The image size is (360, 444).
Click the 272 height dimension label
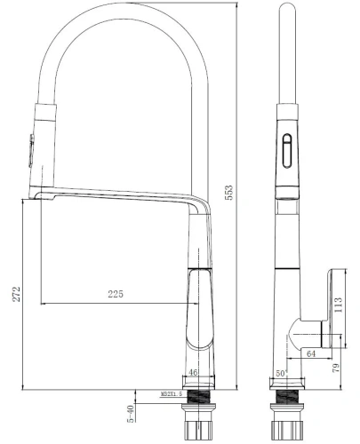pyautogui.click(x=12, y=295)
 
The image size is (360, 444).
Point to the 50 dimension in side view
pyautogui.click(x=280, y=375)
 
